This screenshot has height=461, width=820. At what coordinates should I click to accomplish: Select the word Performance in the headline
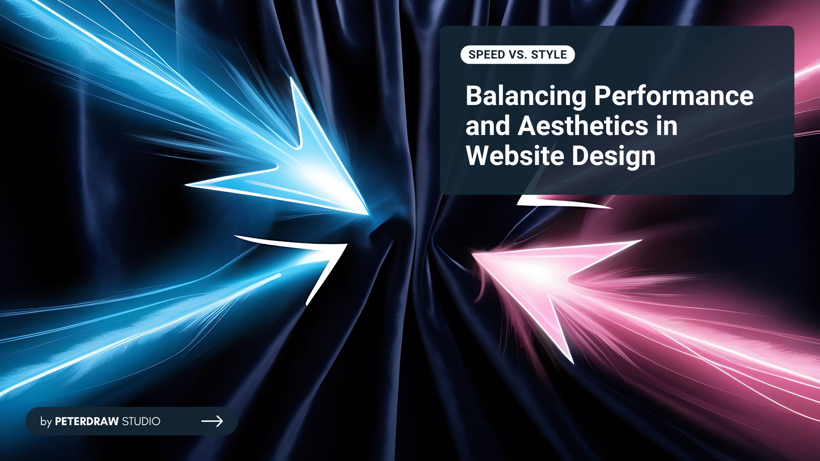point(674,97)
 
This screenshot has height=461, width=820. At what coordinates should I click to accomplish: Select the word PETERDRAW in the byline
point(87,421)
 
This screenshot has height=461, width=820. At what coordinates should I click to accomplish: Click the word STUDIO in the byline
point(141,421)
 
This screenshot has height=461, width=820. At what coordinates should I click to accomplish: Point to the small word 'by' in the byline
point(46,422)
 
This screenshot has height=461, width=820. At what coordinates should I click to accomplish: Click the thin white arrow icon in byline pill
point(212,421)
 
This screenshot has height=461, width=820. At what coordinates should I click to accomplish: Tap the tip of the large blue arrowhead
point(368,214)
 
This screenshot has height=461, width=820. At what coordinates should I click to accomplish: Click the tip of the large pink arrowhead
point(473,254)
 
